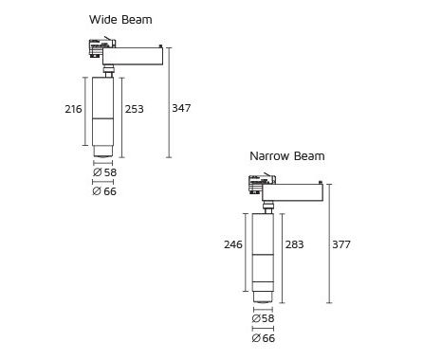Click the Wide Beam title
pos(120,20)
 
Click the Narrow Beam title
pos(287,156)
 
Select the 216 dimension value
pos(73,109)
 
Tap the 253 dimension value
pos(135,109)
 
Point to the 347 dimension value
pos(181,108)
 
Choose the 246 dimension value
pos(233,244)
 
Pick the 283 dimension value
pos(294,244)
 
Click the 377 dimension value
pos(341,244)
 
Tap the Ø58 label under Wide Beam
pos(105,172)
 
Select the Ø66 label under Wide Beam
pos(104,191)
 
